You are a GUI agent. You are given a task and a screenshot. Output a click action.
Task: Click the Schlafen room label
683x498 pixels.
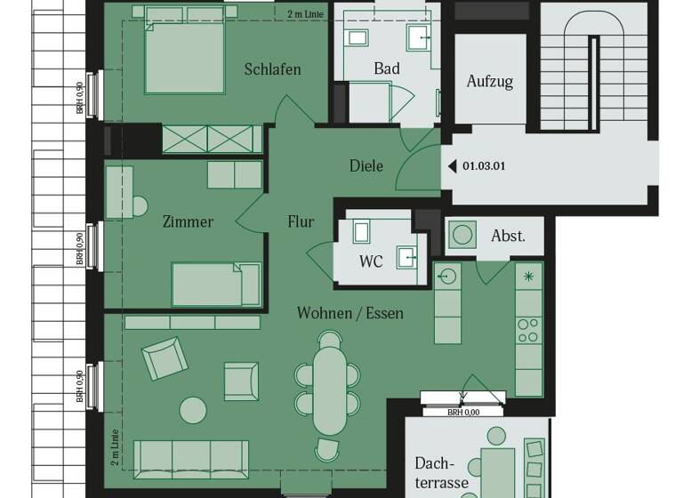272,69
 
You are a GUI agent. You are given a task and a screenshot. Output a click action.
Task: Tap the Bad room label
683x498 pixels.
387,68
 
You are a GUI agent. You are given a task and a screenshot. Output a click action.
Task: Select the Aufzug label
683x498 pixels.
490,82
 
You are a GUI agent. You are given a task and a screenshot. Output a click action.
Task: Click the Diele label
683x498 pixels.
366,165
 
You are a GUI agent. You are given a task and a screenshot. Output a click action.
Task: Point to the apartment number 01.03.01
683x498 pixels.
484,165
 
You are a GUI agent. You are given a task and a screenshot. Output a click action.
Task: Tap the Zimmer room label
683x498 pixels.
188,221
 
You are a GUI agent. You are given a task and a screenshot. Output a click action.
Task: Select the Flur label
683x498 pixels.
301,221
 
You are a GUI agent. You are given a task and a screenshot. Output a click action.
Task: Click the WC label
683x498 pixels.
371,261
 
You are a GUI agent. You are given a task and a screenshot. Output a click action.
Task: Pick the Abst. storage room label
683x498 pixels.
508,237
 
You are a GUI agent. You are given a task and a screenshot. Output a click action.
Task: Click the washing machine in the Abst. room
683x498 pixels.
462,236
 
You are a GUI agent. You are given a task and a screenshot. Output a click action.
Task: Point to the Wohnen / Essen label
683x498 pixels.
350,313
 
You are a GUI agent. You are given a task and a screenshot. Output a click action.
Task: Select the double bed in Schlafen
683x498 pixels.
185,54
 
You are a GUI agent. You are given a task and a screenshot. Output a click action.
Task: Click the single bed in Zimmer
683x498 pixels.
216,284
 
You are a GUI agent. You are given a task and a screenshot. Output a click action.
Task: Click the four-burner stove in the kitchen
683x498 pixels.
528,330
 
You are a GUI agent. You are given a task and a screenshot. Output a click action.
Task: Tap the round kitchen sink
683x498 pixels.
448,276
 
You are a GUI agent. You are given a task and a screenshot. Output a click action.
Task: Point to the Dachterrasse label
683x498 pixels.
440,473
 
